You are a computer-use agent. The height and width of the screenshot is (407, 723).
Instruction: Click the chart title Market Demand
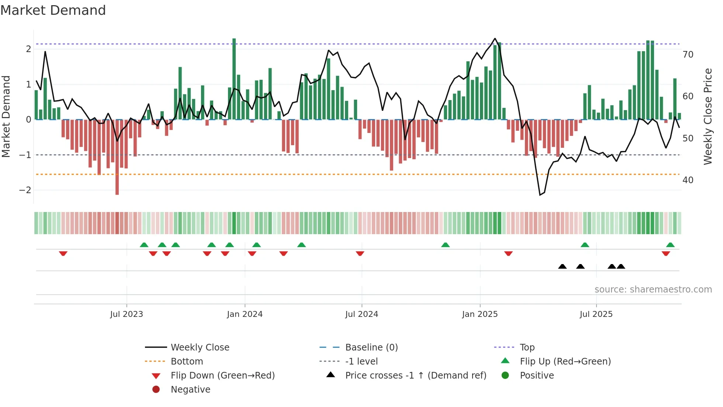53,10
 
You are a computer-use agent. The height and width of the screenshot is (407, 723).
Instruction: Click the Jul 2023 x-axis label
127,314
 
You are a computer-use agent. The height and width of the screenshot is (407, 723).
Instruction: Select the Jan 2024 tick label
245,314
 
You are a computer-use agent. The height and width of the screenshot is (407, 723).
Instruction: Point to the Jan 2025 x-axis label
480,314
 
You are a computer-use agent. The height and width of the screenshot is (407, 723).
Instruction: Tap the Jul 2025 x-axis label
596,314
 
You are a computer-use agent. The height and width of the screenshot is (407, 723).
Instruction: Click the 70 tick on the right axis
688,55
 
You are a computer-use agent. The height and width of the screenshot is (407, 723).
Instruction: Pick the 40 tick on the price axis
688,180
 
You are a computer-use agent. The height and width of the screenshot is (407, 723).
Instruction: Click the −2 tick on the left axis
25,190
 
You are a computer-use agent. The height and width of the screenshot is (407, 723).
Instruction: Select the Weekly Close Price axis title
708,116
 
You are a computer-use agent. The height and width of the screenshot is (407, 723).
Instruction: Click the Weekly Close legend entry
200,348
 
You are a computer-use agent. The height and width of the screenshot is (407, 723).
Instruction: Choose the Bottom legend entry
187,362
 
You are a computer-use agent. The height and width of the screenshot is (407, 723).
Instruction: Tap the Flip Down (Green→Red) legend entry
222,376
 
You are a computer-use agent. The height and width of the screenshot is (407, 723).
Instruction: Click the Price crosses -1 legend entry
415,376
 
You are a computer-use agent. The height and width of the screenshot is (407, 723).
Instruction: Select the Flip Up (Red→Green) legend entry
565,362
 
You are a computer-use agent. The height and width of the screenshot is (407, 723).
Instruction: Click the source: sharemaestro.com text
653,290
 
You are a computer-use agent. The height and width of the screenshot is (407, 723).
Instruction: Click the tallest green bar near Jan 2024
234,78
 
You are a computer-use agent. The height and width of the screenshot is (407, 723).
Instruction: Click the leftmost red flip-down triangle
63,253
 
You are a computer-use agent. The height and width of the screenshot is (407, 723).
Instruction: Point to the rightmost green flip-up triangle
670,245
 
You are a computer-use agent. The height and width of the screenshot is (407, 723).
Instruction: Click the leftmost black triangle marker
562,266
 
